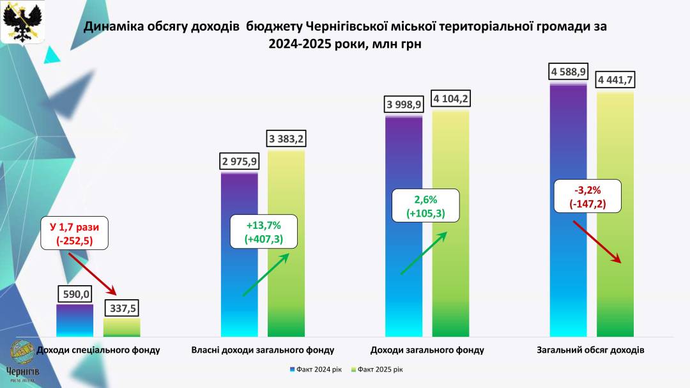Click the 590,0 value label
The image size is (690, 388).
click(x=75, y=294)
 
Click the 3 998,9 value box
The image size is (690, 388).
click(x=404, y=105)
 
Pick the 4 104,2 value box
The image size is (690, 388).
click(x=450, y=98)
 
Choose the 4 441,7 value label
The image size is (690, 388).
click(x=615, y=81)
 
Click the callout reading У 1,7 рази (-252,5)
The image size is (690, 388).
click(x=75, y=234)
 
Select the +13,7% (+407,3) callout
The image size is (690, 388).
click(x=263, y=231)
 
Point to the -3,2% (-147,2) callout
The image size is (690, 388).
click(x=588, y=197)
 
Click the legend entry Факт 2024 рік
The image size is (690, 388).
click(x=318, y=369)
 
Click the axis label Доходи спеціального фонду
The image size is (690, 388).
click(x=98, y=350)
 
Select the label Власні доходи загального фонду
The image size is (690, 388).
click(x=263, y=350)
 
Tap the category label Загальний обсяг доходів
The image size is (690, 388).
click(x=592, y=350)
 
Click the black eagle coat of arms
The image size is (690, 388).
click(x=23, y=22)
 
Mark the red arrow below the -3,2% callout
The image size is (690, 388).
click(x=597, y=242)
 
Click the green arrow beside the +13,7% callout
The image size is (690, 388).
click(x=266, y=274)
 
